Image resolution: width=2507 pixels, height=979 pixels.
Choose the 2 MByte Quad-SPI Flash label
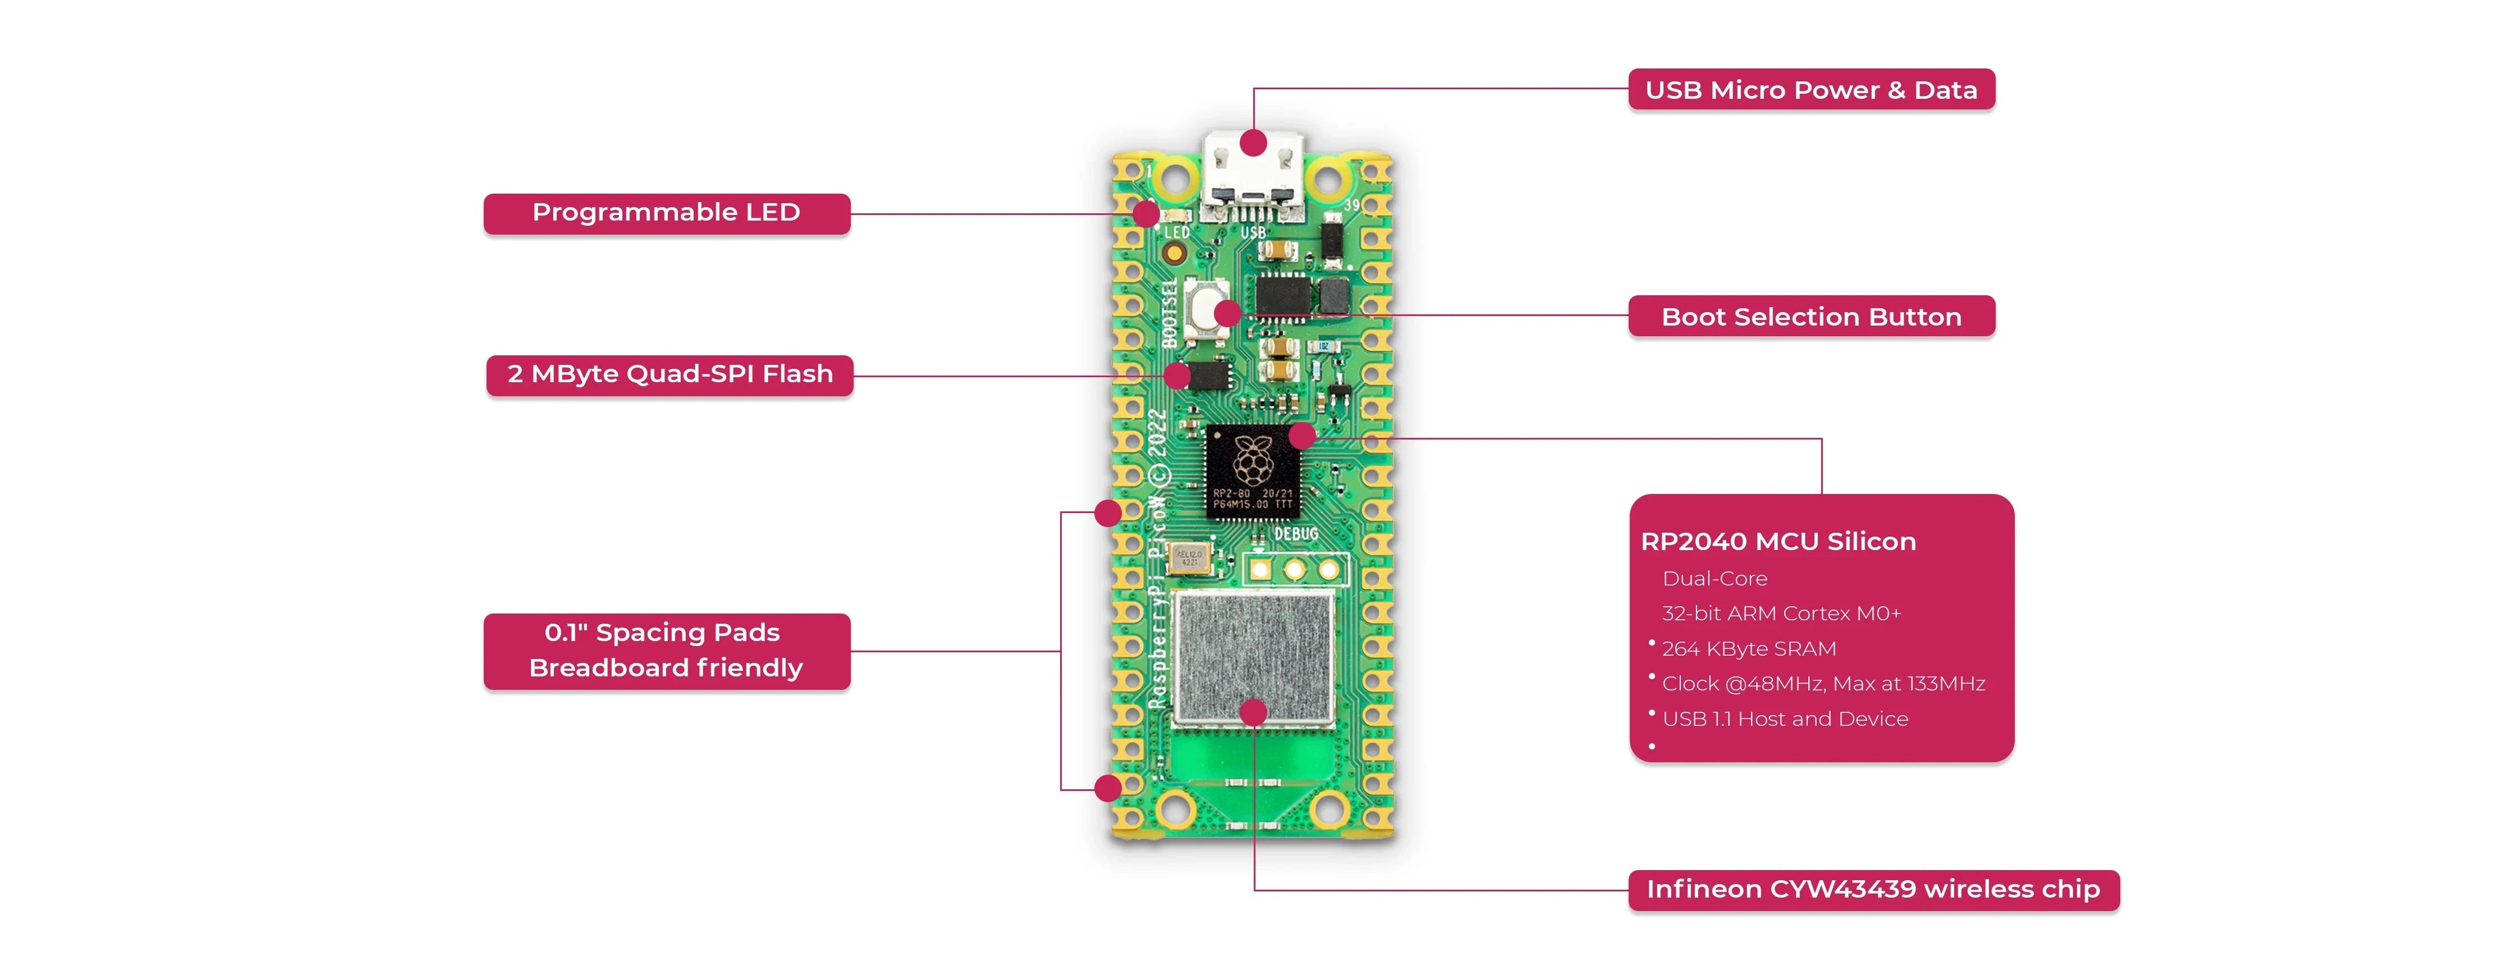pyautogui.click(x=670, y=374)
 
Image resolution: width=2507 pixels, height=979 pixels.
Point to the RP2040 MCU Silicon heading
pyautogui.click(x=1778, y=541)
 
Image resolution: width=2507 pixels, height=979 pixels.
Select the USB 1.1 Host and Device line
pyautogui.click(x=1784, y=718)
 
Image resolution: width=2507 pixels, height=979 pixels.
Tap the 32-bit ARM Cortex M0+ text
pyautogui.click(x=1781, y=613)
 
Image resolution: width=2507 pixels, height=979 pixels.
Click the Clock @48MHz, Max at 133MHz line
pyautogui.click(x=1823, y=683)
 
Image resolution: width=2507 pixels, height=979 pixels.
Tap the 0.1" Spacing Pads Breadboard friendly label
pyautogui.click(x=667, y=650)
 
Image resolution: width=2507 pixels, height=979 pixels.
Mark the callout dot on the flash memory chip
pyautogui.click(x=1177, y=376)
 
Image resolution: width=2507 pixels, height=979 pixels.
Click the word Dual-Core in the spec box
pyautogui.click(x=1714, y=578)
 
